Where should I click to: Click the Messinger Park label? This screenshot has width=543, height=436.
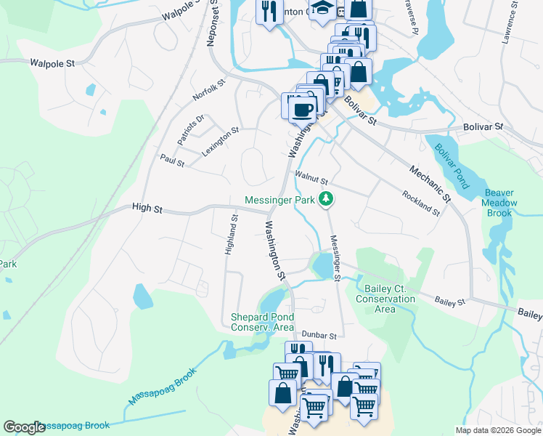point(280,200)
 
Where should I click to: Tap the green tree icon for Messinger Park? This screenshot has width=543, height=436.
point(327,198)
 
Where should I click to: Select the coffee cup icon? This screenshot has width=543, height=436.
point(302,110)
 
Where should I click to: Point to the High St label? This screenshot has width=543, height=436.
point(147,208)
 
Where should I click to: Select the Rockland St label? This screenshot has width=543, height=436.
point(421,203)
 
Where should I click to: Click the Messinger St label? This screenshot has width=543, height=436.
point(335,258)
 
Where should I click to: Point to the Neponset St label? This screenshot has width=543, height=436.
point(213,25)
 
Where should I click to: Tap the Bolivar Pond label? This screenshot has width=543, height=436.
point(451,165)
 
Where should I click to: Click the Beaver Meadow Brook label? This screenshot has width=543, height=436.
point(499,203)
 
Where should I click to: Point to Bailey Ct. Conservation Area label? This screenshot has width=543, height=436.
point(385,299)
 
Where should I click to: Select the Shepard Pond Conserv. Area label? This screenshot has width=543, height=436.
point(262,322)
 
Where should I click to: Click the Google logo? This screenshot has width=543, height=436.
point(24,427)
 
